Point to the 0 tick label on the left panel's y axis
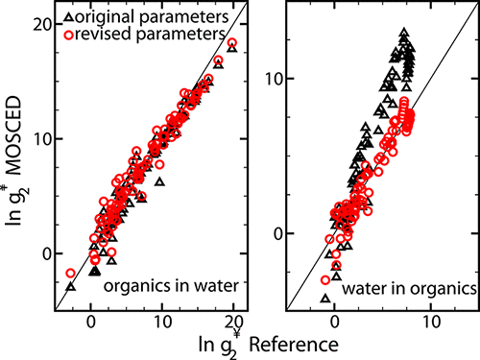pos(43,254)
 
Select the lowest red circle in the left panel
pos(70,274)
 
